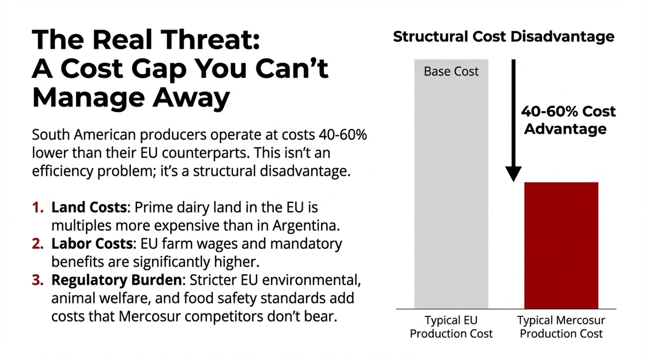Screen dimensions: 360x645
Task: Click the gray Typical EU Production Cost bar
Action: tap(451, 194)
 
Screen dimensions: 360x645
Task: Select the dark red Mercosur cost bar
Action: tap(561, 245)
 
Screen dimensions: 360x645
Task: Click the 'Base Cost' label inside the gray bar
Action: tap(451, 71)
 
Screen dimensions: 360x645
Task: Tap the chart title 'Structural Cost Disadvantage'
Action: tap(503, 36)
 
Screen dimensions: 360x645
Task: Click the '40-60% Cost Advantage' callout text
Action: tap(568, 120)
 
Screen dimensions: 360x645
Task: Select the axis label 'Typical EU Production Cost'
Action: tap(451, 327)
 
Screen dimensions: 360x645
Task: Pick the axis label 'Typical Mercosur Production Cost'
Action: tap(561, 327)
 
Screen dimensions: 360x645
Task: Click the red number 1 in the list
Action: tap(38, 207)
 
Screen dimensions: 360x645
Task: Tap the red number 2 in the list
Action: tap(38, 244)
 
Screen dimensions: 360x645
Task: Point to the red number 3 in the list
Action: tap(38, 280)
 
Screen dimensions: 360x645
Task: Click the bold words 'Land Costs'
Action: tap(89, 207)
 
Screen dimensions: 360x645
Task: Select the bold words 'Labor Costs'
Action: tap(92, 244)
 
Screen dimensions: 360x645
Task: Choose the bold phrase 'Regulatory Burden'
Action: tap(116, 280)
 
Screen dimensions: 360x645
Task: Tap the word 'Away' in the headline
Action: tap(191, 97)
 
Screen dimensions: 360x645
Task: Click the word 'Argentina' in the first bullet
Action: tap(306, 225)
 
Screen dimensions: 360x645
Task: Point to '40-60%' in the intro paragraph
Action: tap(342, 135)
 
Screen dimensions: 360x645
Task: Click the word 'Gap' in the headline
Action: tap(159, 69)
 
